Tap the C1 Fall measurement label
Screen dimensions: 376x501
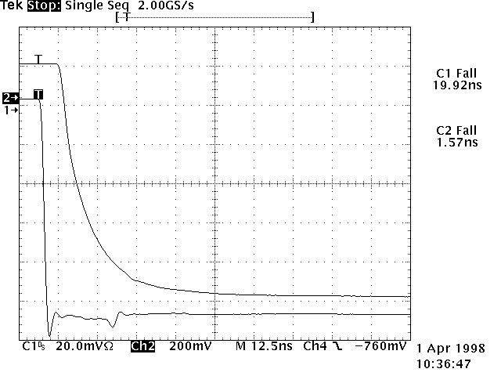(x=456, y=73)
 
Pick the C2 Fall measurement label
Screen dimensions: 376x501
(x=456, y=131)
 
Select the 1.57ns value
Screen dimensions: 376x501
(x=456, y=143)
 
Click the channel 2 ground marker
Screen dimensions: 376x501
(x=10, y=98)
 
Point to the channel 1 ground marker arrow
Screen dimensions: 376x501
(x=11, y=110)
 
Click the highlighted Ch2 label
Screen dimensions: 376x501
(x=142, y=345)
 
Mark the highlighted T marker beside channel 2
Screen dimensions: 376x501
(x=38, y=95)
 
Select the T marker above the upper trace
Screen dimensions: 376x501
(x=38, y=59)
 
